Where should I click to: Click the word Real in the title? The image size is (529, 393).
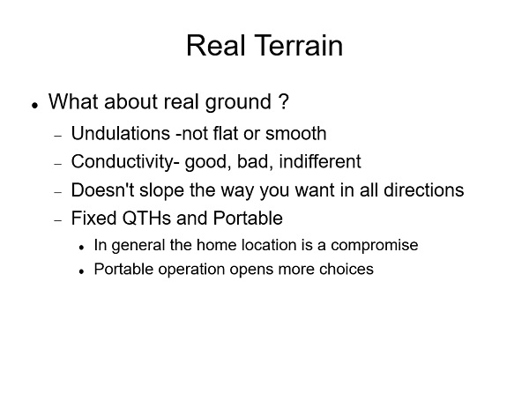click(216, 46)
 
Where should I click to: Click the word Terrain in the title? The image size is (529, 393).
click(299, 46)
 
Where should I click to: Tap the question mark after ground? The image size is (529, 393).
click(284, 101)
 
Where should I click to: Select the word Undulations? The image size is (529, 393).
click(121, 133)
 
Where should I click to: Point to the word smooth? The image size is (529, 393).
click(296, 133)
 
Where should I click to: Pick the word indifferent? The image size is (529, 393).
click(320, 161)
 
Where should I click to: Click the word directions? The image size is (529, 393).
click(424, 189)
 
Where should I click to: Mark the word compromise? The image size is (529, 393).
click(375, 245)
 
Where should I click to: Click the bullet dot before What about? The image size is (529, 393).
click(34, 105)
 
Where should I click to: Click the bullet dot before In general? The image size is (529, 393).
click(81, 248)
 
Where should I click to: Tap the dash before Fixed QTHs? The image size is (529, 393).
click(58, 220)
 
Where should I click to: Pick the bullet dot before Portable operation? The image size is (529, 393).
click(81, 271)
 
